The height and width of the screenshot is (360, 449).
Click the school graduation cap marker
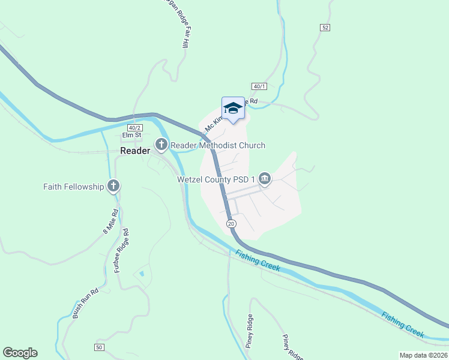click(233, 108)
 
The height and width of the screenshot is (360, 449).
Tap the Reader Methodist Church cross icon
click(161, 145)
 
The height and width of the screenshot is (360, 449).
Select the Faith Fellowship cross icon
click(113, 186)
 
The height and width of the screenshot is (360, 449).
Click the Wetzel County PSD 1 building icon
click(265, 179)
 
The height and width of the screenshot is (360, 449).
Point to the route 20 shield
click(232, 223)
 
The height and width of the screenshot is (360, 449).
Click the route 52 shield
click(325, 28)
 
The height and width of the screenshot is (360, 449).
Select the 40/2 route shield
click(134, 128)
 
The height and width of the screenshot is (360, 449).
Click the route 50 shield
click(99, 347)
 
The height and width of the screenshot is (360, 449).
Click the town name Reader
click(135, 151)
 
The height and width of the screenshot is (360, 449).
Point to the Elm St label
click(130, 136)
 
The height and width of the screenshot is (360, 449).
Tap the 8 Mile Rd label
click(108, 222)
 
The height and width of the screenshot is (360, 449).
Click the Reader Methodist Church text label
click(218, 145)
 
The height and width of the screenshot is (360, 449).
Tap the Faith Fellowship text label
click(73, 187)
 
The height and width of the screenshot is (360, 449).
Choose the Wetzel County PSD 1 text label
click(216, 179)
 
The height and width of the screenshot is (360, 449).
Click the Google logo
click(20, 353)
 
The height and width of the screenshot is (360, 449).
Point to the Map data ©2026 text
click(423, 355)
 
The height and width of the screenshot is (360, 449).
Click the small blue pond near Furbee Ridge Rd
click(142, 274)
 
